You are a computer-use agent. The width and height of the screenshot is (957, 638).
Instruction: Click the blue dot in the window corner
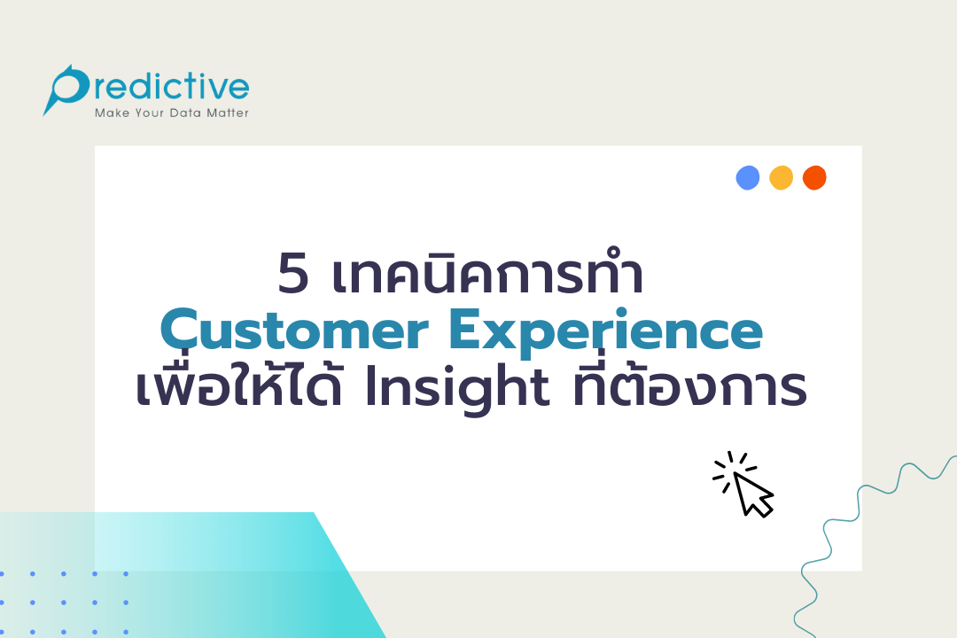[x=748, y=178]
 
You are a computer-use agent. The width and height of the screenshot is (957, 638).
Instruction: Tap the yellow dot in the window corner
[x=781, y=178]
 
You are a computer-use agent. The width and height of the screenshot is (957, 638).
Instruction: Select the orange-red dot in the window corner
[x=814, y=178]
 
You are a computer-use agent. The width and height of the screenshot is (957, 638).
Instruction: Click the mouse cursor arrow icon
[x=753, y=494]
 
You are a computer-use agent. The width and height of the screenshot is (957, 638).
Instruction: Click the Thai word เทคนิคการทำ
[x=487, y=273]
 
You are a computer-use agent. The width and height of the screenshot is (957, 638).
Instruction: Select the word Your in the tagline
[x=150, y=113]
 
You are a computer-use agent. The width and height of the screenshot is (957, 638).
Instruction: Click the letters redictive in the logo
[x=168, y=88]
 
